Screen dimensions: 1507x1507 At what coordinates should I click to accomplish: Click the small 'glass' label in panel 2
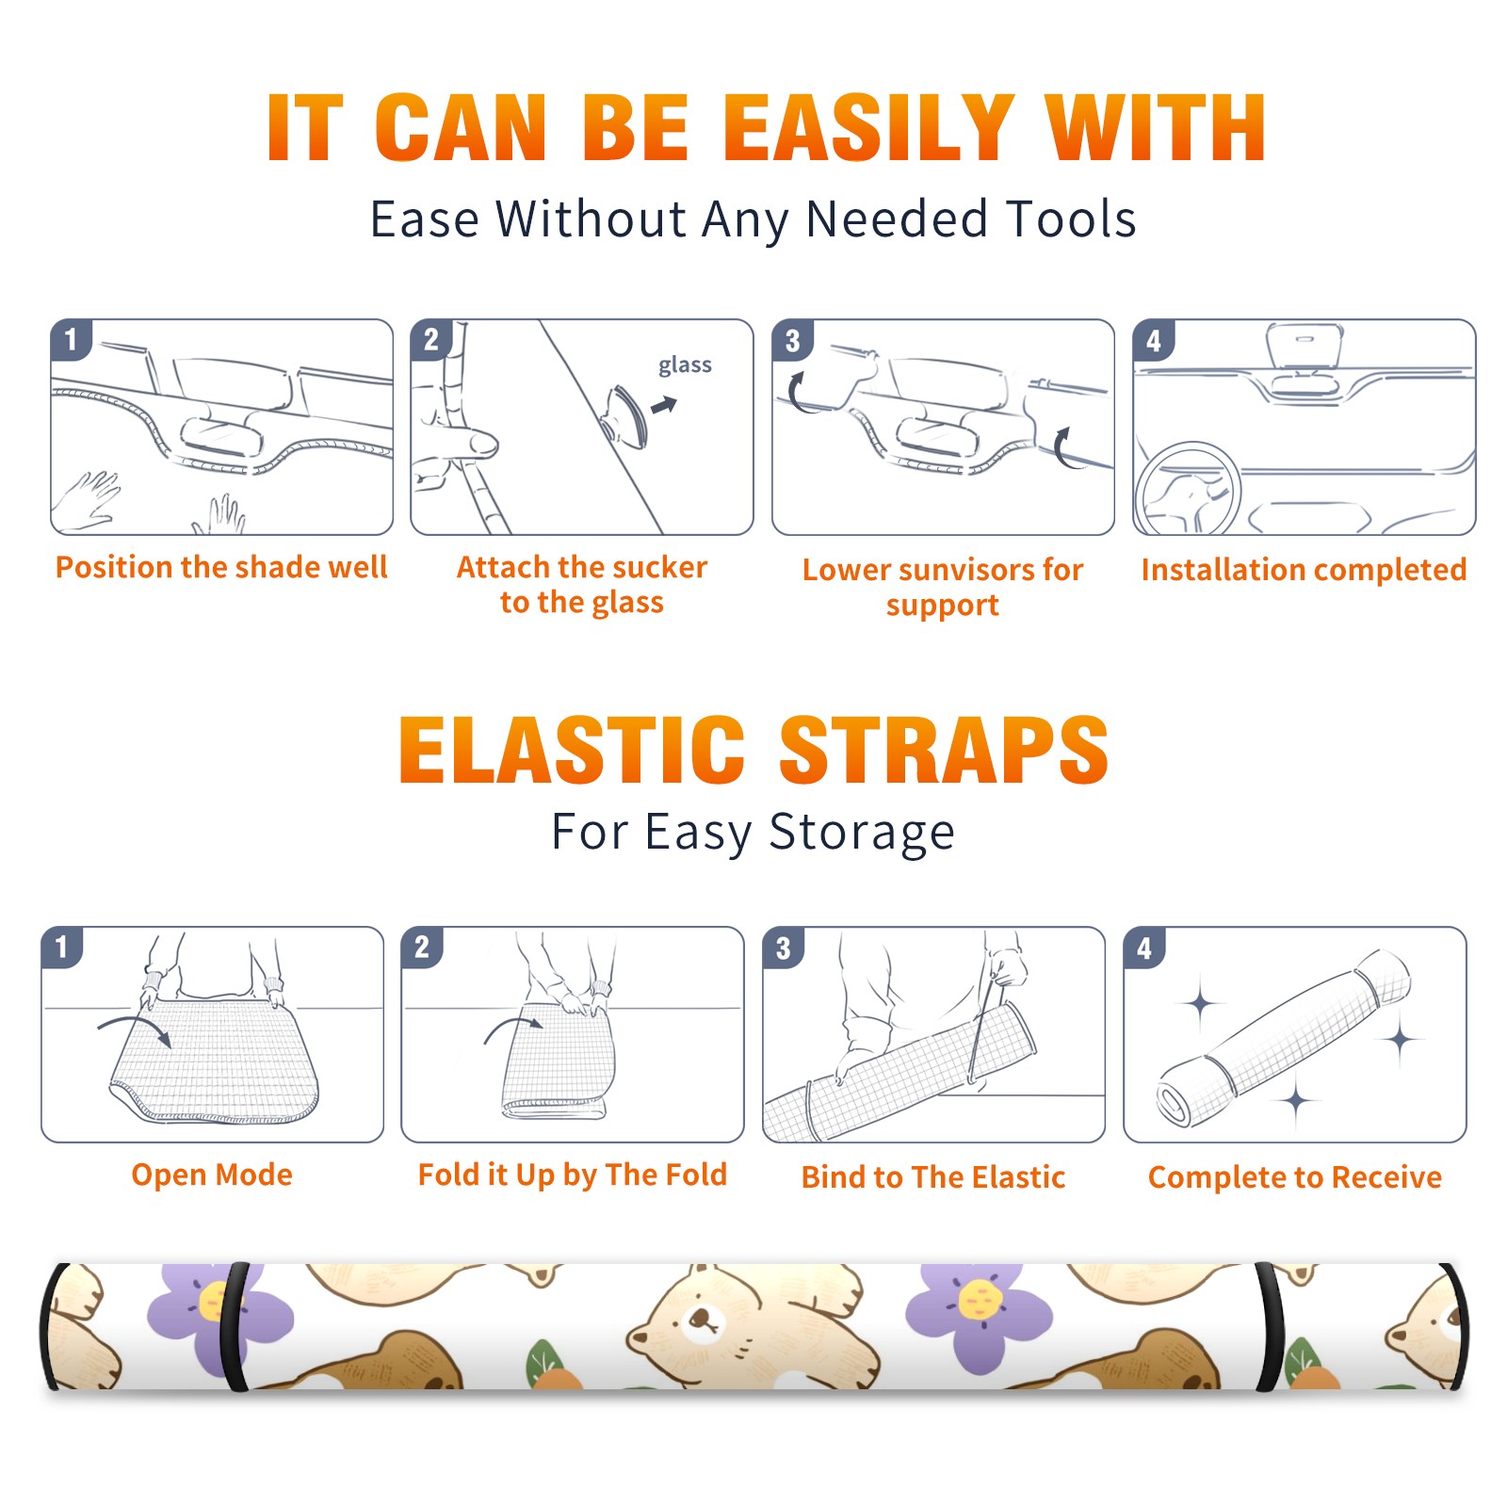(685, 365)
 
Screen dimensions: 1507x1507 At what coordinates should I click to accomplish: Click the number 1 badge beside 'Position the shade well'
(71, 339)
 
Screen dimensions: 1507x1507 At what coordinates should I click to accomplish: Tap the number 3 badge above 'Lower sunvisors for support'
(792, 340)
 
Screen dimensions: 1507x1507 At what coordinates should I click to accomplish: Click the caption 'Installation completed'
(1304, 570)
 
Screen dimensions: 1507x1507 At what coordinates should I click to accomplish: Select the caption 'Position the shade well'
(221, 567)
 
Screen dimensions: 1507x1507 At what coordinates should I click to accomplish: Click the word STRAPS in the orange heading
(944, 750)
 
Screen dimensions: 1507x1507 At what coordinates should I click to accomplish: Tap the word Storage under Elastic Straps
(862, 833)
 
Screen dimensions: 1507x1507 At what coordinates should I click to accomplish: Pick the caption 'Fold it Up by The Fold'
(573, 1175)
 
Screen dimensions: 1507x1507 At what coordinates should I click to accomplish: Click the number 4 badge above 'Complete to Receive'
(1144, 948)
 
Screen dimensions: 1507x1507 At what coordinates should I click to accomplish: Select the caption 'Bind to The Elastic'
(933, 1177)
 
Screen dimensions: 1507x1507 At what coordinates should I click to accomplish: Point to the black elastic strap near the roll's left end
(235, 1326)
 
